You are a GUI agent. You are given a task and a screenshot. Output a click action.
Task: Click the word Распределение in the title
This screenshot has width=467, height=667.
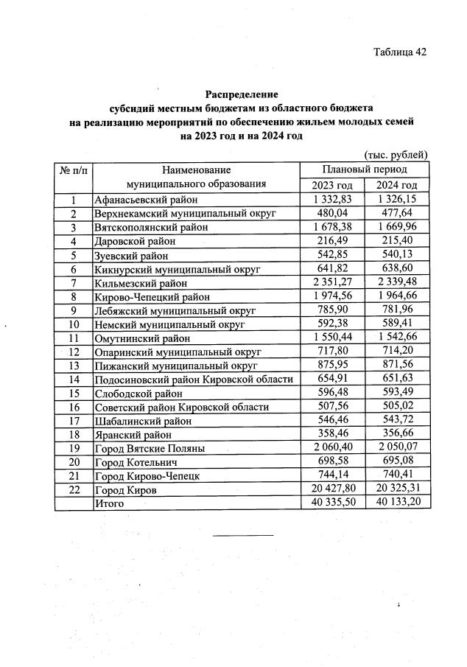242,94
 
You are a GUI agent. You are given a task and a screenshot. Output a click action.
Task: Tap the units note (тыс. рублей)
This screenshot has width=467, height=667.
396,155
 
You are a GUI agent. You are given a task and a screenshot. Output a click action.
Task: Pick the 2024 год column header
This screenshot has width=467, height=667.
397,185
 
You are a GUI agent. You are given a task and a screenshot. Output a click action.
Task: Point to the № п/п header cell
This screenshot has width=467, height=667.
73,170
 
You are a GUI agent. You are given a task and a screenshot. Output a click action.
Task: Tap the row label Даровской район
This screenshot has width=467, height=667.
134,242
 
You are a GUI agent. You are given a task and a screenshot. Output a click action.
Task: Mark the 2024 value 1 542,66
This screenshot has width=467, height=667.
397,338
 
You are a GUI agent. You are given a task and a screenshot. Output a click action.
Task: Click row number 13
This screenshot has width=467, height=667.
73,366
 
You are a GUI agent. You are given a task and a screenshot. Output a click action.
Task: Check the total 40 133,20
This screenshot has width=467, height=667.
397,503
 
